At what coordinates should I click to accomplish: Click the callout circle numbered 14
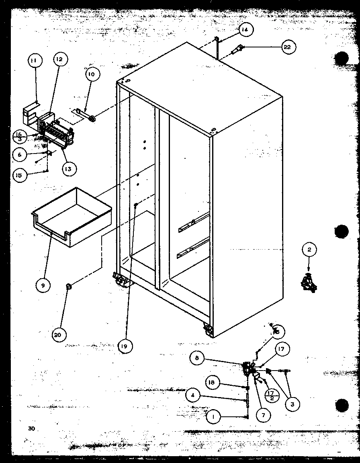point(245,30)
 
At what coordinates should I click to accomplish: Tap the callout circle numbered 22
point(287,47)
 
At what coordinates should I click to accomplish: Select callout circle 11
point(35,61)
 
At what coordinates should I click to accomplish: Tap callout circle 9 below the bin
point(43,285)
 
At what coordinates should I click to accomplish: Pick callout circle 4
point(194,395)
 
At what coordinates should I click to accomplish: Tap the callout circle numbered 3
point(292,404)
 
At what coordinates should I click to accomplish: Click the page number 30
point(31,428)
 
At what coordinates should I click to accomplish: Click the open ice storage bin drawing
point(72,217)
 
